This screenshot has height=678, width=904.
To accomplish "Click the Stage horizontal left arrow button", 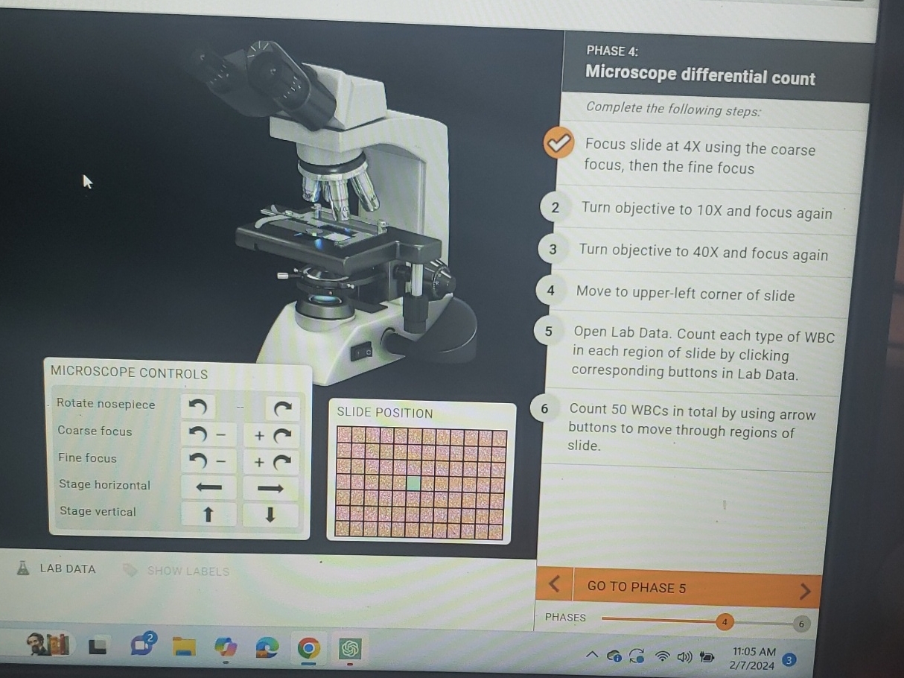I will click(x=209, y=487).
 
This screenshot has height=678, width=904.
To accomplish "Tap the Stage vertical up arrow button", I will click(x=209, y=514).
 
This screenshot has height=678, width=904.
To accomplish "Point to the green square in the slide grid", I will click(x=413, y=483).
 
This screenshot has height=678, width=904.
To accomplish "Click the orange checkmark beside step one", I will click(x=558, y=143).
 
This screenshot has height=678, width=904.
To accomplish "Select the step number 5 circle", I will click(x=549, y=332).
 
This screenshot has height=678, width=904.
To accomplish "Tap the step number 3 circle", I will click(x=553, y=250).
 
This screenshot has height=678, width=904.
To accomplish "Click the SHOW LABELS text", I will click(x=188, y=571).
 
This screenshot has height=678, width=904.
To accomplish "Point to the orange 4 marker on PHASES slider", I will click(x=723, y=621).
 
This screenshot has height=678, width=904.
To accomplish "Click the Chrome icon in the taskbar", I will click(x=309, y=647).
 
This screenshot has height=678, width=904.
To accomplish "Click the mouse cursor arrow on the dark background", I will click(x=87, y=181).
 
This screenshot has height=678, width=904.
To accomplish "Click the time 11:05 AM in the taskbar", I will click(x=754, y=652).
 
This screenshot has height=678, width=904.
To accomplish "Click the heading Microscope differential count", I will click(x=700, y=76).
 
